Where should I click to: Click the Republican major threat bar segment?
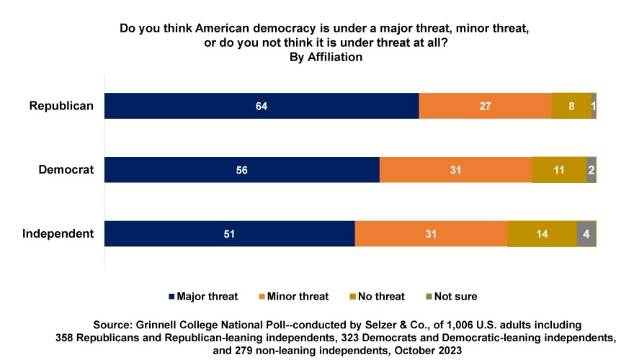pyautogui.click(x=262, y=106)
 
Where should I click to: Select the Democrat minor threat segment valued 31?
pyautogui.click(x=455, y=170)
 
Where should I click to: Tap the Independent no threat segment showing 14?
pyautogui.click(x=542, y=234)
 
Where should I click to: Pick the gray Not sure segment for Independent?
pyautogui.click(x=586, y=234)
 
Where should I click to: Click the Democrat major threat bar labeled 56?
pyautogui.click(x=241, y=170)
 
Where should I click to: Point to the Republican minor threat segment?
pyautogui.click(x=485, y=106)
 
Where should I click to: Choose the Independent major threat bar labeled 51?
pyautogui.click(x=229, y=234)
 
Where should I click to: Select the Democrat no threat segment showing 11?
pyautogui.click(x=559, y=170)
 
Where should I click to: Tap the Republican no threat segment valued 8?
pyautogui.click(x=571, y=106)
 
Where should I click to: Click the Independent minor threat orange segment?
pyautogui.click(x=431, y=234)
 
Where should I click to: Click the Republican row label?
pyautogui.click(x=61, y=106)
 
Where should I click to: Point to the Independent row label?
pyautogui.click(x=58, y=234)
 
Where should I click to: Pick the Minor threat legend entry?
pyautogui.click(x=293, y=296)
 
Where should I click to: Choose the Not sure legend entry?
pyautogui.click(x=451, y=296)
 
